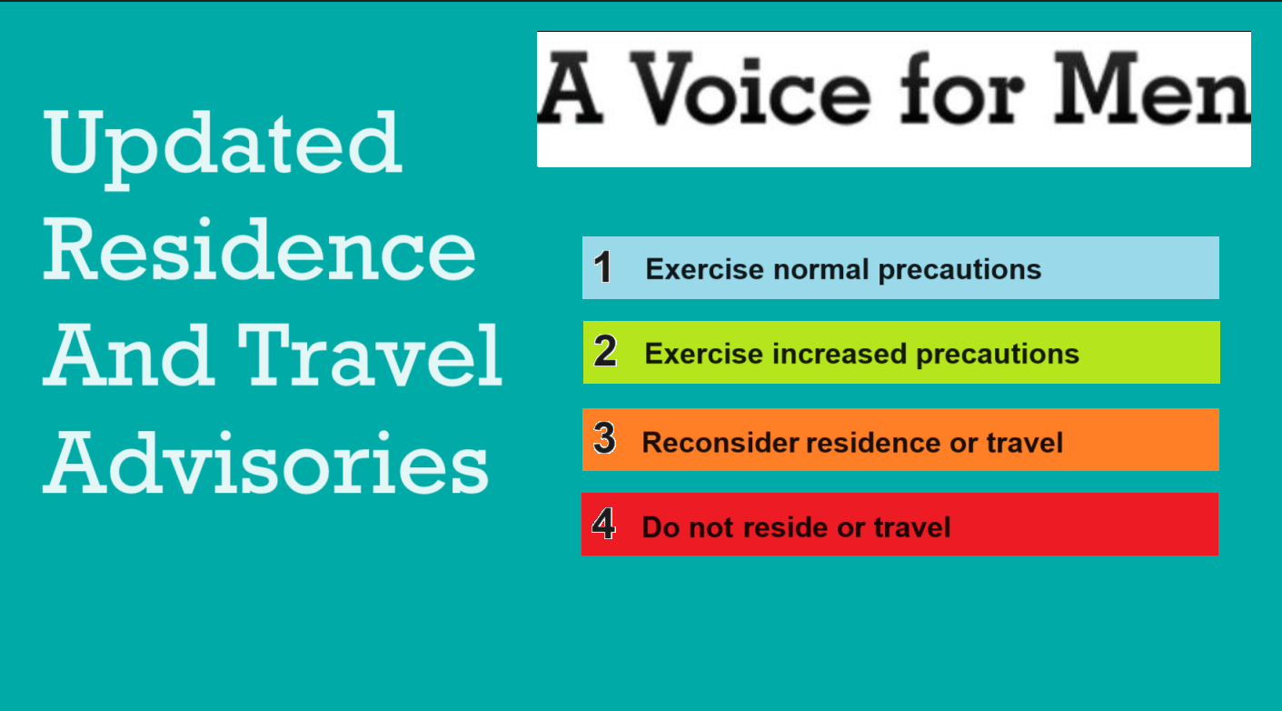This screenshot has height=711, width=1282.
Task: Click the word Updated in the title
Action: (x=223, y=145)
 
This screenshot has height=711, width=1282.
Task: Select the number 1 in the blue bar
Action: (x=602, y=268)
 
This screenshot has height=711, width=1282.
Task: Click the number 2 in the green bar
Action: (x=605, y=352)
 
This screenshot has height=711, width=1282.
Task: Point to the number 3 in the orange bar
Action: (x=604, y=439)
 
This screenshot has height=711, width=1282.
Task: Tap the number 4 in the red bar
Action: (x=603, y=525)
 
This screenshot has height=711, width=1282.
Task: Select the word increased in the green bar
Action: (x=840, y=354)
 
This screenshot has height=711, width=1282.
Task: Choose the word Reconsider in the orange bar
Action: (x=720, y=443)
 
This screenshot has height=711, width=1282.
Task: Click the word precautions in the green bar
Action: (x=998, y=354)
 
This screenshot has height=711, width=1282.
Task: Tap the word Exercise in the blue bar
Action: (x=704, y=270)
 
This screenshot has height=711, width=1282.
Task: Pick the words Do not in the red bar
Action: (x=688, y=527)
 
